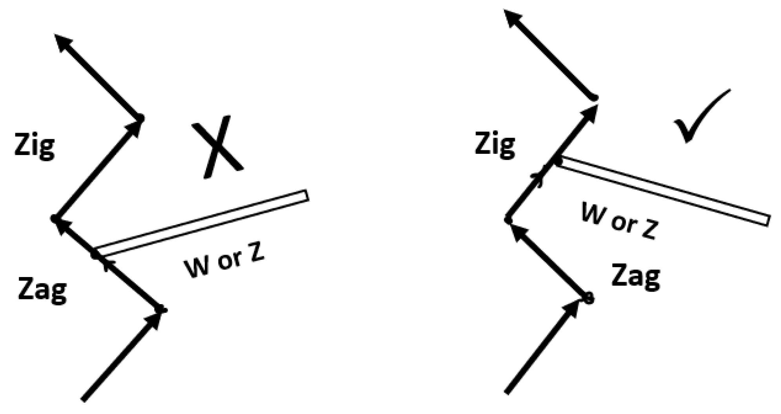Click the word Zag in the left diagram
pyautogui.click(x=42, y=290)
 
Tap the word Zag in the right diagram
pyautogui.click(x=635, y=277)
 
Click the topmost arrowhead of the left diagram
pyautogui.click(x=63, y=41)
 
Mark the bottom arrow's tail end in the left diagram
pyautogui.click(x=84, y=399)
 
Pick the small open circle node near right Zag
pyautogui.click(x=588, y=299)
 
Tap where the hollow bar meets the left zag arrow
pyautogui.click(x=96, y=253)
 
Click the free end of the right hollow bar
pyautogui.click(x=768, y=221)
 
